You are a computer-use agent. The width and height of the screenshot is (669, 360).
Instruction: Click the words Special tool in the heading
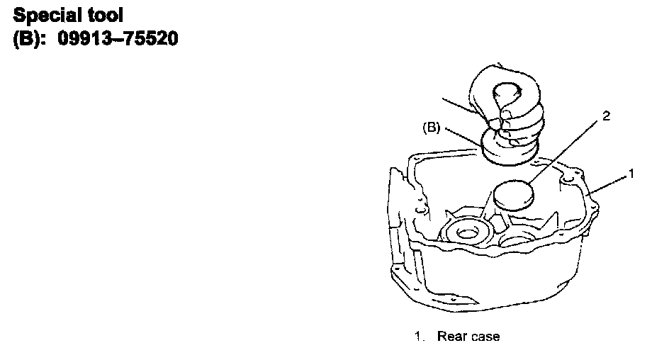pyautogui.click(x=69, y=14)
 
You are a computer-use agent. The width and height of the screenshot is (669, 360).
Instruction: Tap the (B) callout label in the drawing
pyautogui.click(x=432, y=128)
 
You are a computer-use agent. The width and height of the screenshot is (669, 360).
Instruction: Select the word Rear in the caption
pyautogui.click(x=451, y=336)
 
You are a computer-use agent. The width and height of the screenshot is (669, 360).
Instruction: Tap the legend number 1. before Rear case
pyautogui.click(x=420, y=336)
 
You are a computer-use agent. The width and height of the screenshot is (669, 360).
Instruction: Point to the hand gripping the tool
pyautogui.click(x=508, y=106)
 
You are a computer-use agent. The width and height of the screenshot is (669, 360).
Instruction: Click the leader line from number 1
pyautogui.click(x=609, y=181)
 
